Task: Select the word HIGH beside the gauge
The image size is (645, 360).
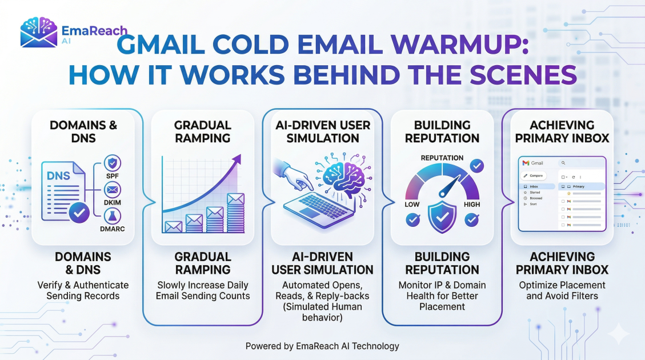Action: tap(472, 205)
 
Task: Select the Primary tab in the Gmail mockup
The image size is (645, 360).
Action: tap(578, 186)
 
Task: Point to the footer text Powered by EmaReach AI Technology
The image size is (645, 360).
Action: tap(322, 346)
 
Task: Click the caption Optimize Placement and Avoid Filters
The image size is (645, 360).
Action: tap(562, 290)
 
